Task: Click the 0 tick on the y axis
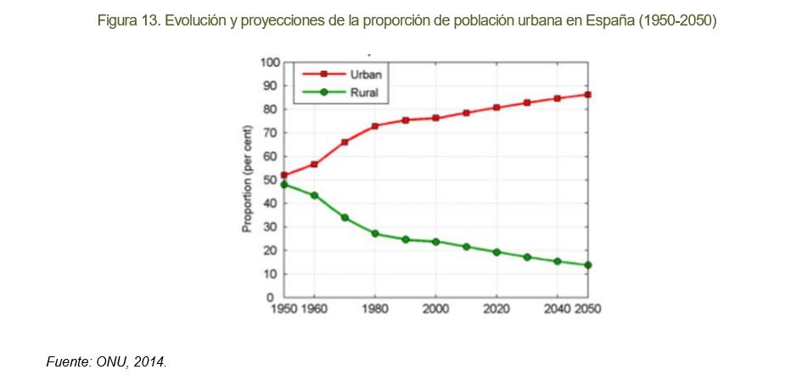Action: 276,298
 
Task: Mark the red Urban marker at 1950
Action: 284,176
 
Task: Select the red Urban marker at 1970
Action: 345,143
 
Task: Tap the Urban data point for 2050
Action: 587,95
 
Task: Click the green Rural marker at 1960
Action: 315,195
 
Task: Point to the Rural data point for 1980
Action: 375,233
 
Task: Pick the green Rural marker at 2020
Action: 496,252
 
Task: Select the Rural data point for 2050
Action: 587,265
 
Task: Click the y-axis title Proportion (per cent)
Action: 248,180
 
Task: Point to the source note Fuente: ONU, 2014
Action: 106,362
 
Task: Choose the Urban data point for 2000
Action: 435,118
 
